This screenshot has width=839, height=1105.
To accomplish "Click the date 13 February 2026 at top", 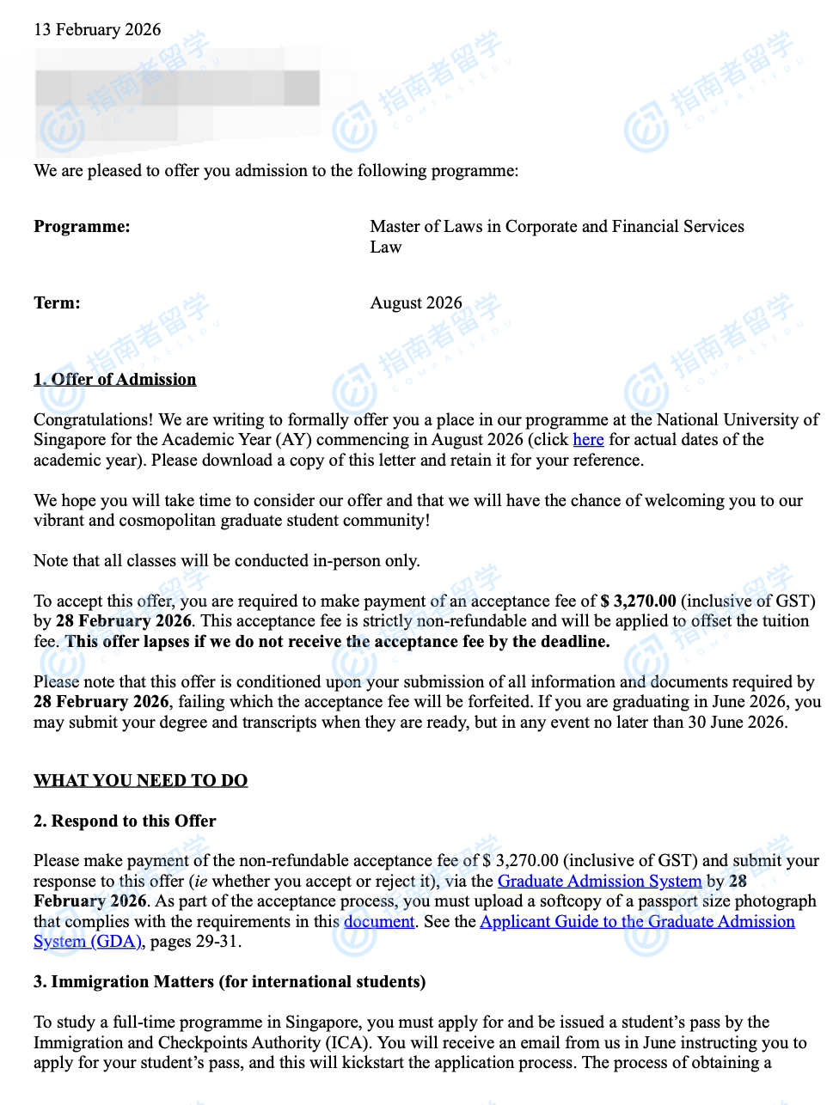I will [97, 30].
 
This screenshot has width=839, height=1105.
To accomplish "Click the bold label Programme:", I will [82, 227].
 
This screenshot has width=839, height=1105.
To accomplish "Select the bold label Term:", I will [57, 303].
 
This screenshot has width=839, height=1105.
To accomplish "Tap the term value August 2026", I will [416, 303].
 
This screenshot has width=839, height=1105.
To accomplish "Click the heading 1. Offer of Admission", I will [115, 380].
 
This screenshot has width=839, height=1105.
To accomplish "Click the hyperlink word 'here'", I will [588, 440].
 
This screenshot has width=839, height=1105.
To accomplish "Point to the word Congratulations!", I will [93, 420].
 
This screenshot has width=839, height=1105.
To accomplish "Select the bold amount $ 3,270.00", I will [638, 601].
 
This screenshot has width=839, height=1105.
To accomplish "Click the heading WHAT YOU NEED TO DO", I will [140, 781].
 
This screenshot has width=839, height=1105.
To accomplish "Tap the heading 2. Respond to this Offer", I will [125, 821].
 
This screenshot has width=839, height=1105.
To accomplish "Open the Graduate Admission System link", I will [599, 882].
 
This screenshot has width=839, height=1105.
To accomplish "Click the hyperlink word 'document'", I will [379, 922].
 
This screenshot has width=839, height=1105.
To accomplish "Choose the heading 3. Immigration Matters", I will [230, 982].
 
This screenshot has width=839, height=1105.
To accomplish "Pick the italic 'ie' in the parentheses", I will [200, 882].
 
